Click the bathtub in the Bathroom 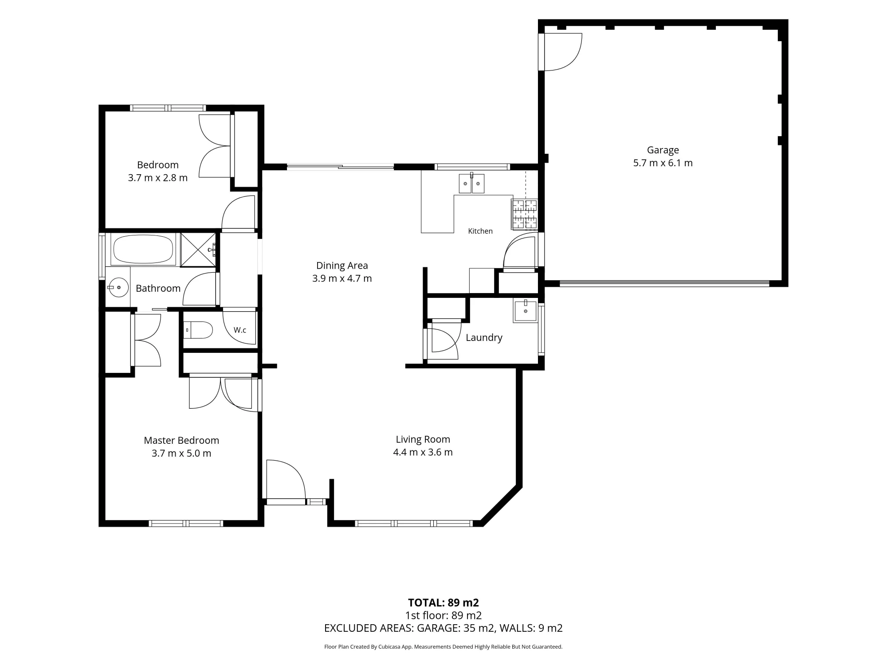tap(143, 250)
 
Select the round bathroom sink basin tap(118, 287)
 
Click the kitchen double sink tap(471, 184)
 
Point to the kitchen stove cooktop tap(525, 215)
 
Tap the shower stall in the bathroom tap(198, 250)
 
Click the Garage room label tap(663, 150)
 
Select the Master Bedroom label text tap(181, 440)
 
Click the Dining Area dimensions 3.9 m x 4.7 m tap(342, 278)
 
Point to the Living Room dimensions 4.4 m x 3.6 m tap(423, 452)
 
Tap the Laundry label tap(484, 338)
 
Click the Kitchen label tap(480, 231)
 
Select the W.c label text tap(240, 330)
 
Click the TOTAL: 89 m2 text tap(443, 602)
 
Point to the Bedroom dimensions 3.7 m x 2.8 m tap(158, 178)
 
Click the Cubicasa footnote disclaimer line tap(443, 647)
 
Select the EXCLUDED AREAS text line tap(443, 628)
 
